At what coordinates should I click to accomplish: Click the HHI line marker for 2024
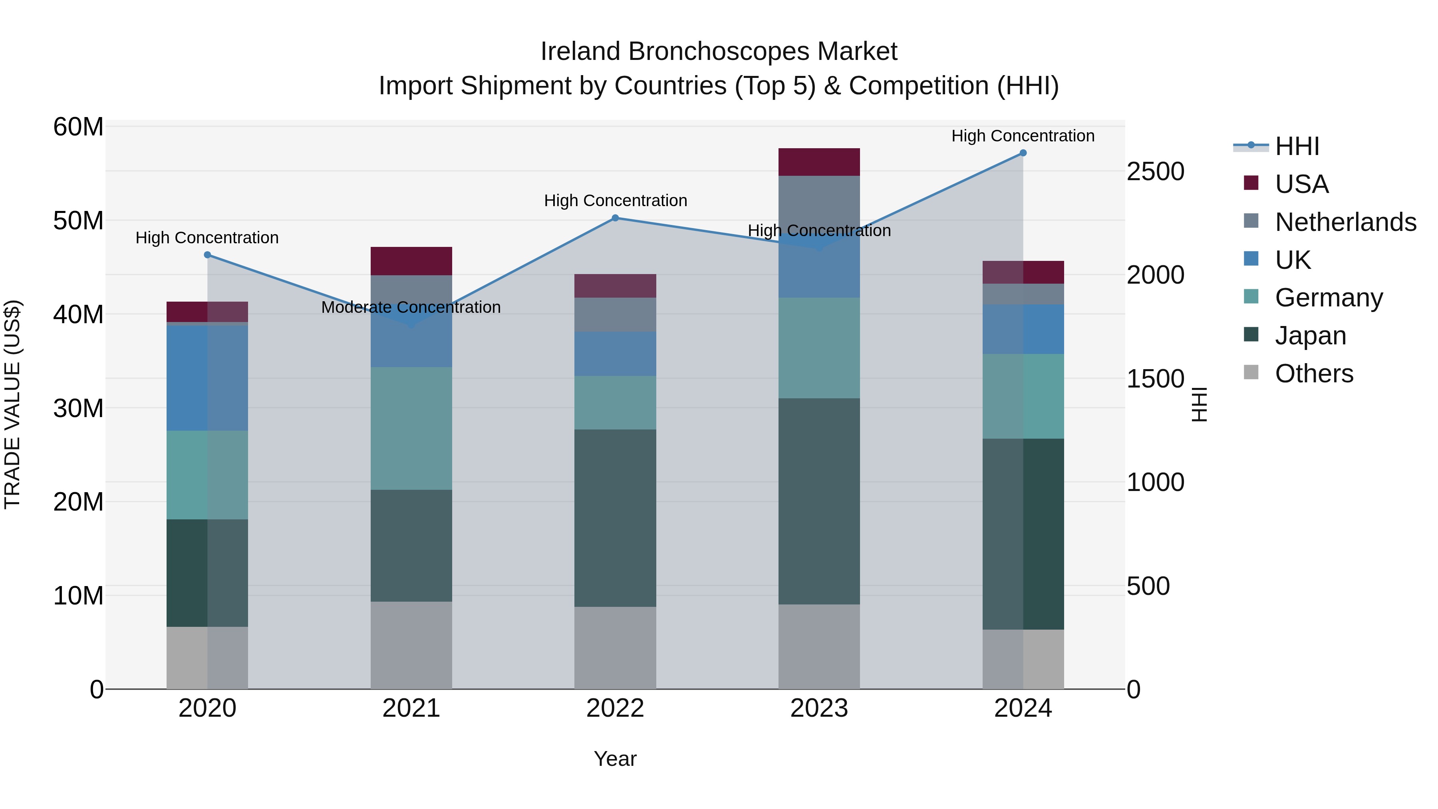1023,153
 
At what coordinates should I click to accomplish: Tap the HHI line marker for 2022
615,218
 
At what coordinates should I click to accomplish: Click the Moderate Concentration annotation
411,307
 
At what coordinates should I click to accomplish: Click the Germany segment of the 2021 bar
411,428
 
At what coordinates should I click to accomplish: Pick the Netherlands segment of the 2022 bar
615,314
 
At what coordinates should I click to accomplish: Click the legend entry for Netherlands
1345,222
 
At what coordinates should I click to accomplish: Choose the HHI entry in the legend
1297,146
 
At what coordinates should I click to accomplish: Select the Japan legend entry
1310,336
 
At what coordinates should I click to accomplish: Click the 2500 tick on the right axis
1155,171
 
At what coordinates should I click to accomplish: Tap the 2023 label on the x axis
819,708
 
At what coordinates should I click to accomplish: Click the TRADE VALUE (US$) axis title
12,404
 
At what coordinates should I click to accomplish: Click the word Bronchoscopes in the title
719,52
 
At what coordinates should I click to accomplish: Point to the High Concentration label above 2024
1023,136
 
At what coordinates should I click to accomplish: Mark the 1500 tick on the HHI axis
1155,379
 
